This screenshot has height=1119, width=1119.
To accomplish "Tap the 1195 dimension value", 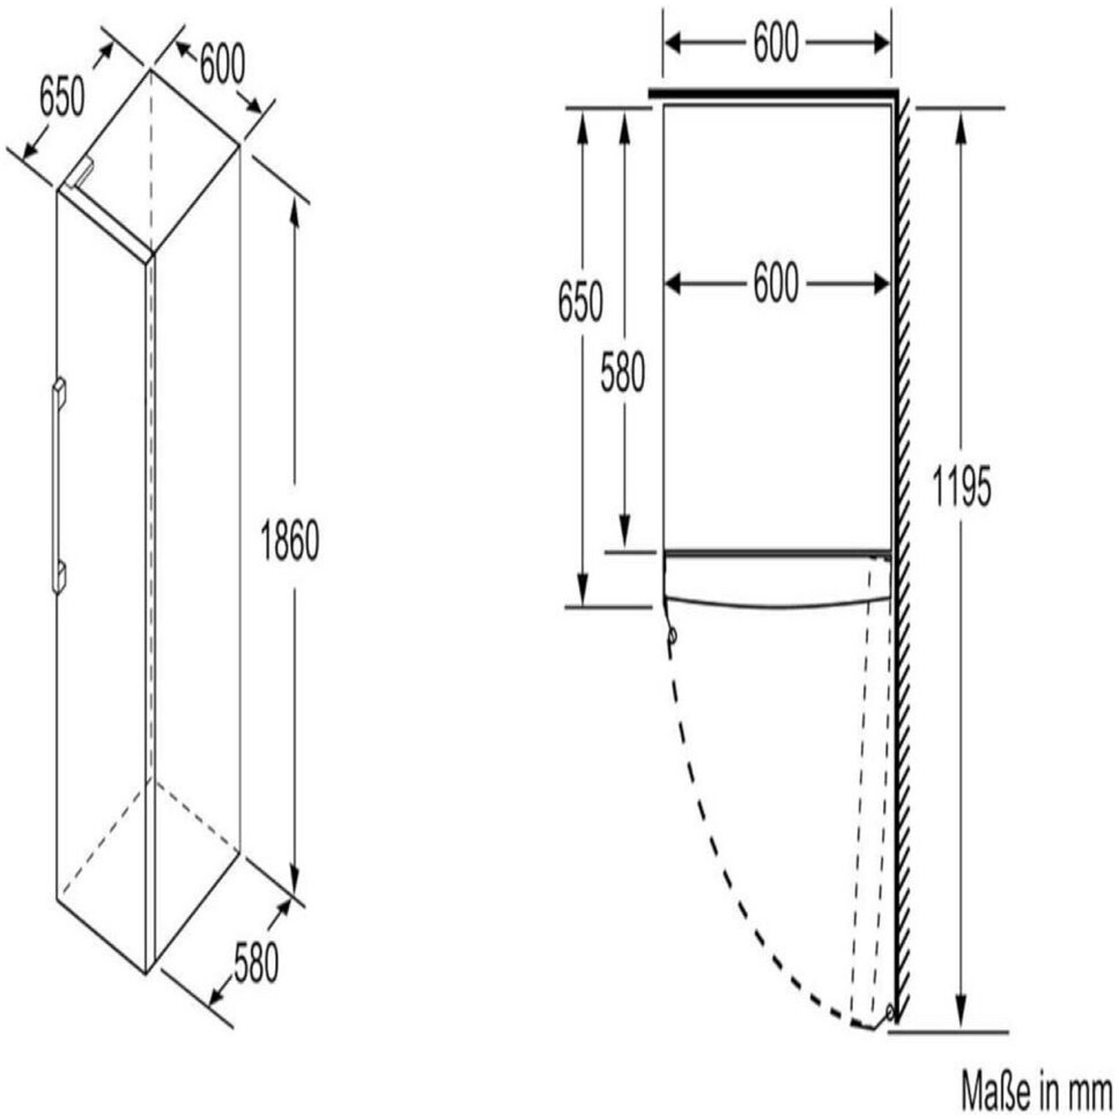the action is click(961, 487).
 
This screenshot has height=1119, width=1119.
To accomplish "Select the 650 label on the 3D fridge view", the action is click(62, 97).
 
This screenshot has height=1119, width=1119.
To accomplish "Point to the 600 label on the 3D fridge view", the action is click(222, 65).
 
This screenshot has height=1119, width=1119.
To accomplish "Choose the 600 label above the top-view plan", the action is click(777, 42).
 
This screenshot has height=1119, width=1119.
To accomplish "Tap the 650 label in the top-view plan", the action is click(581, 302).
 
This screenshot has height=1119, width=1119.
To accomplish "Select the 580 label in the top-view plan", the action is click(622, 373).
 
